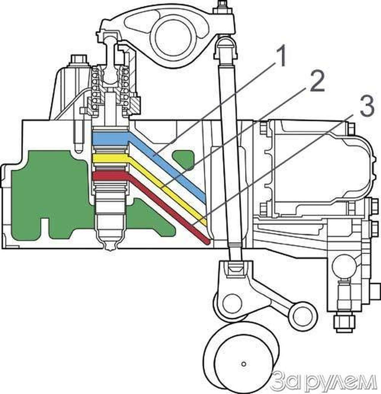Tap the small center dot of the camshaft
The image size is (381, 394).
[244, 364]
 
